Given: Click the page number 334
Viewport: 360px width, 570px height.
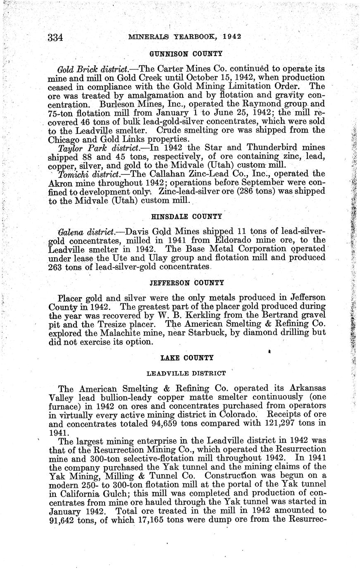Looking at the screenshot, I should (55, 38).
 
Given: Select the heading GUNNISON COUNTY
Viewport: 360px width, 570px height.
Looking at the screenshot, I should (186, 54).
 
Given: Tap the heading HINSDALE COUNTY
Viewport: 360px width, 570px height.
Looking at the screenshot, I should (186, 216).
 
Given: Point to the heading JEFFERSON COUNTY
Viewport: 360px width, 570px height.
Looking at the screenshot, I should (186, 283).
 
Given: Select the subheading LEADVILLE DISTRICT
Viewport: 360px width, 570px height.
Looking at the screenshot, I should (186, 373).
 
